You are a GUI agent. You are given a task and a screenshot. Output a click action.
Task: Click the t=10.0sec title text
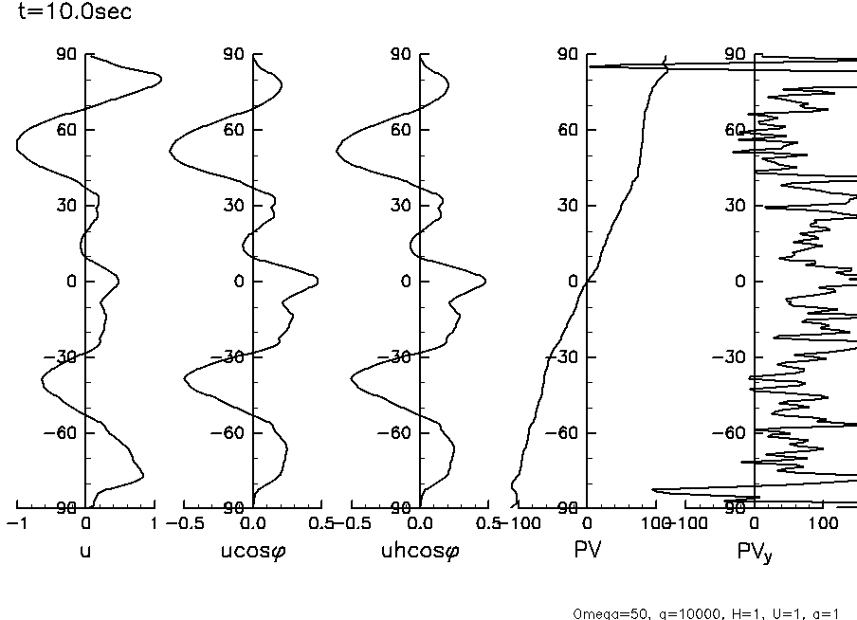67,12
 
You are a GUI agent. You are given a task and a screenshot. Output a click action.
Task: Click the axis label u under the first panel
86,551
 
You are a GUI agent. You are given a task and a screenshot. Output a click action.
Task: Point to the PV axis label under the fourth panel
588,550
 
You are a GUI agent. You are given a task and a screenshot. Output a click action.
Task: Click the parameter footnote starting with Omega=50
706,612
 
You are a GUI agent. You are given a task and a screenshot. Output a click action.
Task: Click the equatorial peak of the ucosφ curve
317,281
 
